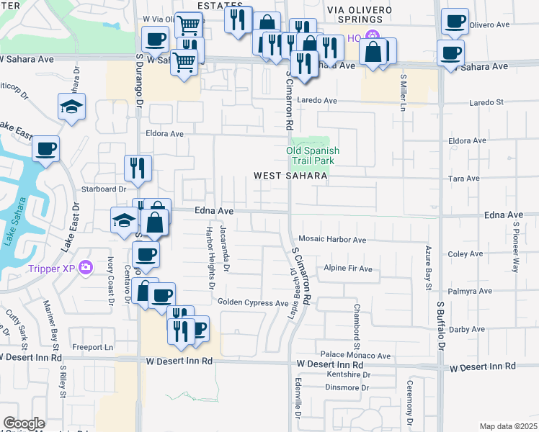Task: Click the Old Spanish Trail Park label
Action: [x=313, y=156]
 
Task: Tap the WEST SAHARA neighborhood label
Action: [x=290, y=176]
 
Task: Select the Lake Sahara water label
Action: [x=9, y=224]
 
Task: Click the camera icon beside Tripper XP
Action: [x=86, y=268]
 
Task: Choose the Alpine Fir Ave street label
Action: [x=348, y=269]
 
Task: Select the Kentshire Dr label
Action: [x=348, y=375]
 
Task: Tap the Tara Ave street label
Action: [x=464, y=179]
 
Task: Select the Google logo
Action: [x=24, y=423]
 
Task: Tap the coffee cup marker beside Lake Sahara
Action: [x=46, y=150]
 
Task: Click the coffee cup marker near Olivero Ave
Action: [x=454, y=22]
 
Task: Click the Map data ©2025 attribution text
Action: [x=507, y=426]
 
